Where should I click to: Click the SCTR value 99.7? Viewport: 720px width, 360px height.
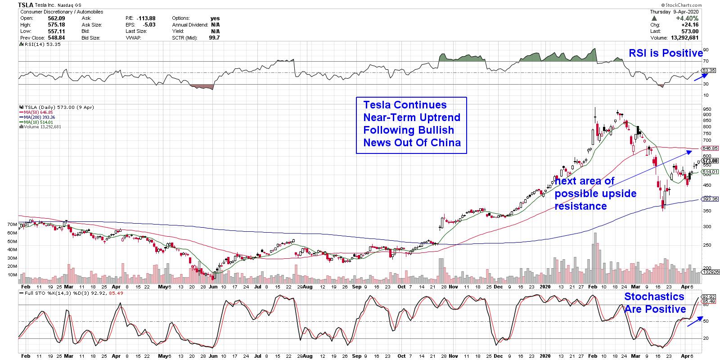215,38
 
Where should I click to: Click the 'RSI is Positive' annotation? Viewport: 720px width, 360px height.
665,53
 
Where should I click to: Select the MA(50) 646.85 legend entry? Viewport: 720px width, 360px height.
36,112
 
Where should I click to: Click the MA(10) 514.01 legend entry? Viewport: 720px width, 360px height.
36,122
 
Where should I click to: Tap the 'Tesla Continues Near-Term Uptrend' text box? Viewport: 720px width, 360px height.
411,124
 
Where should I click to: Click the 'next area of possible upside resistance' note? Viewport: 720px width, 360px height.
595,193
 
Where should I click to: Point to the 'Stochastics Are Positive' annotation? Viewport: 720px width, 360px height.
655,302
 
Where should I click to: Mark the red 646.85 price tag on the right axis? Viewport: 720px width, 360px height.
710,148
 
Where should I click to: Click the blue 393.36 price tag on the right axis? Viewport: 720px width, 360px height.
710,199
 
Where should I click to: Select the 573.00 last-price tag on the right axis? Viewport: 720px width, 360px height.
710,161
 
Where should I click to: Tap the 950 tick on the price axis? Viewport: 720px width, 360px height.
707,109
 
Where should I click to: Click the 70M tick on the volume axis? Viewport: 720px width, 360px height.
12,224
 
